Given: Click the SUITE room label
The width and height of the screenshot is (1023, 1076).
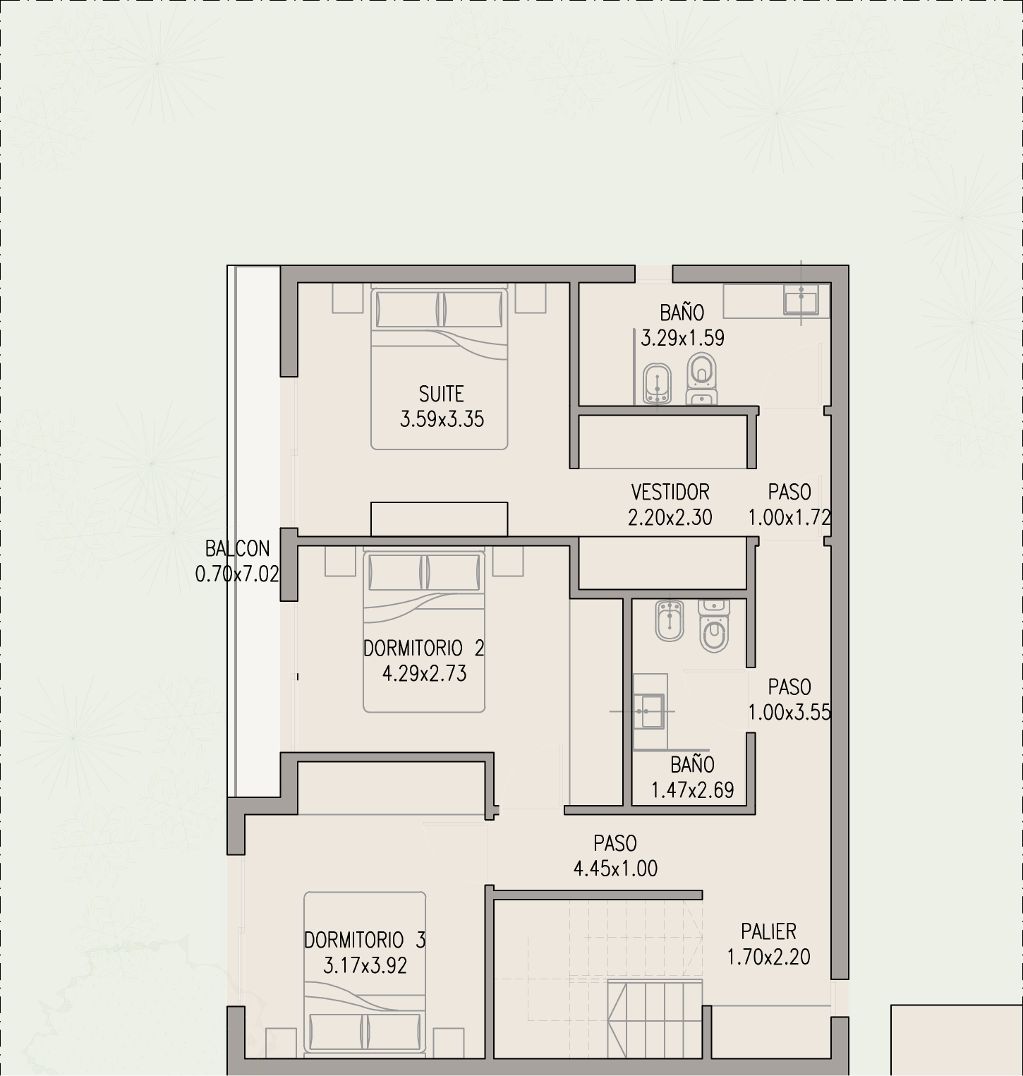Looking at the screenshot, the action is pyautogui.click(x=442, y=394).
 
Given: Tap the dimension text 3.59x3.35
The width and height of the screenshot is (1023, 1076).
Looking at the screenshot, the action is pyautogui.click(x=442, y=419).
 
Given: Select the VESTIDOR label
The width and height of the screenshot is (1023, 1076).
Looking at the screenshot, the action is pyautogui.click(x=670, y=492).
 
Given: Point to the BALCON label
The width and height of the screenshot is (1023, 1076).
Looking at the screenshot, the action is pyautogui.click(x=238, y=548).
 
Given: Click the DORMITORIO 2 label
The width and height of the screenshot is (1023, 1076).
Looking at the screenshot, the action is pyautogui.click(x=424, y=648).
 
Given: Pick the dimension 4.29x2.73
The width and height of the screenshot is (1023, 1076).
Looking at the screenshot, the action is pyautogui.click(x=425, y=673).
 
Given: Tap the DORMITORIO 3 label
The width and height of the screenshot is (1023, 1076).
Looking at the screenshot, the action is pyautogui.click(x=365, y=940).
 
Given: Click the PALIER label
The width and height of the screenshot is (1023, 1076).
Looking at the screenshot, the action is pyautogui.click(x=769, y=931).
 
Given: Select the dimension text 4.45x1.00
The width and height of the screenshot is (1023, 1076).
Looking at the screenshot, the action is pyautogui.click(x=616, y=869).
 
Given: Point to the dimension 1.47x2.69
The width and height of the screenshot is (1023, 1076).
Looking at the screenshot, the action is pyautogui.click(x=693, y=790).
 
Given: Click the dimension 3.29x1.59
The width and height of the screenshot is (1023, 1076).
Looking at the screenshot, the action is pyautogui.click(x=683, y=338).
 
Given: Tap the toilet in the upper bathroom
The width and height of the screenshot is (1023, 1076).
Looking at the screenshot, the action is pyautogui.click(x=701, y=380).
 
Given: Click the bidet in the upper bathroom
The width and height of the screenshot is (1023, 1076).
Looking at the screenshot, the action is pyautogui.click(x=658, y=385).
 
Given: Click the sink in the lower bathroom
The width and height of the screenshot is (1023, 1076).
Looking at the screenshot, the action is pyautogui.click(x=648, y=711).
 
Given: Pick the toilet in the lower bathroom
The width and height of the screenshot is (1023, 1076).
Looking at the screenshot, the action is pyautogui.click(x=714, y=626).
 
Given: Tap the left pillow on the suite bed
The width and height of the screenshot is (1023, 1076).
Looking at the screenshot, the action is pyautogui.click(x=408, y=309).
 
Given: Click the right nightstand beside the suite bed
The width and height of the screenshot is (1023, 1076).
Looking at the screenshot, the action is pyautogui.click(x=531, y=298).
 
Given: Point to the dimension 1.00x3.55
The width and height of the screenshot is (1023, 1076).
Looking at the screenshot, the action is pyautogui.click(x=789, y=713).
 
